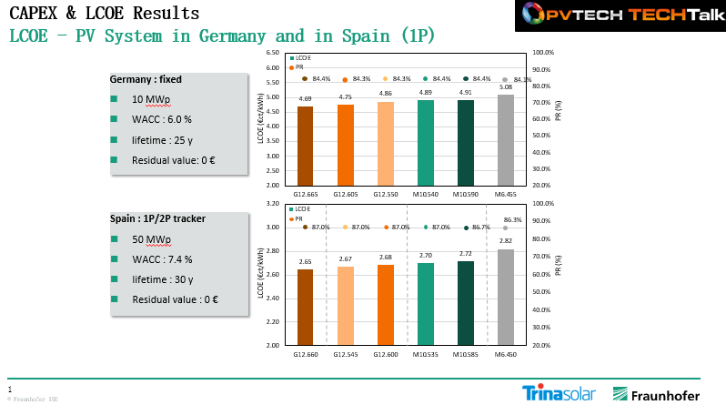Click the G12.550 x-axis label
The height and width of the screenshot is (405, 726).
click(385, 195)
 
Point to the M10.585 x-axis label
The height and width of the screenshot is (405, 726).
click(466, 355)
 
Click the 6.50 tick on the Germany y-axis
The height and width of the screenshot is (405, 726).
click(272, 54)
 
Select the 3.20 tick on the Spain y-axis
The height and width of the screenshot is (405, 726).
click(272, 204)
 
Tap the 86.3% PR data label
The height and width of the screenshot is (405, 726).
click(512, 219)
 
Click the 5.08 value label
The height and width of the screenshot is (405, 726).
click(505, 88)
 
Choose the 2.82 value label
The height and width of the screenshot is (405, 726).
click(505, 242)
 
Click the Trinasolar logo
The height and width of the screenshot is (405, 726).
click(559, 393)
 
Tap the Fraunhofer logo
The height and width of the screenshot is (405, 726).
click(656, 394)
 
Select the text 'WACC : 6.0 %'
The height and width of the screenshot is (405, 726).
click(162, 119)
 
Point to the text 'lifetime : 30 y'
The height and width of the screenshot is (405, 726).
click(163, 279)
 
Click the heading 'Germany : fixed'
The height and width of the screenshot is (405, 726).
click(146, 79)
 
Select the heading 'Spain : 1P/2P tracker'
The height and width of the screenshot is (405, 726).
click(158, 219)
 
